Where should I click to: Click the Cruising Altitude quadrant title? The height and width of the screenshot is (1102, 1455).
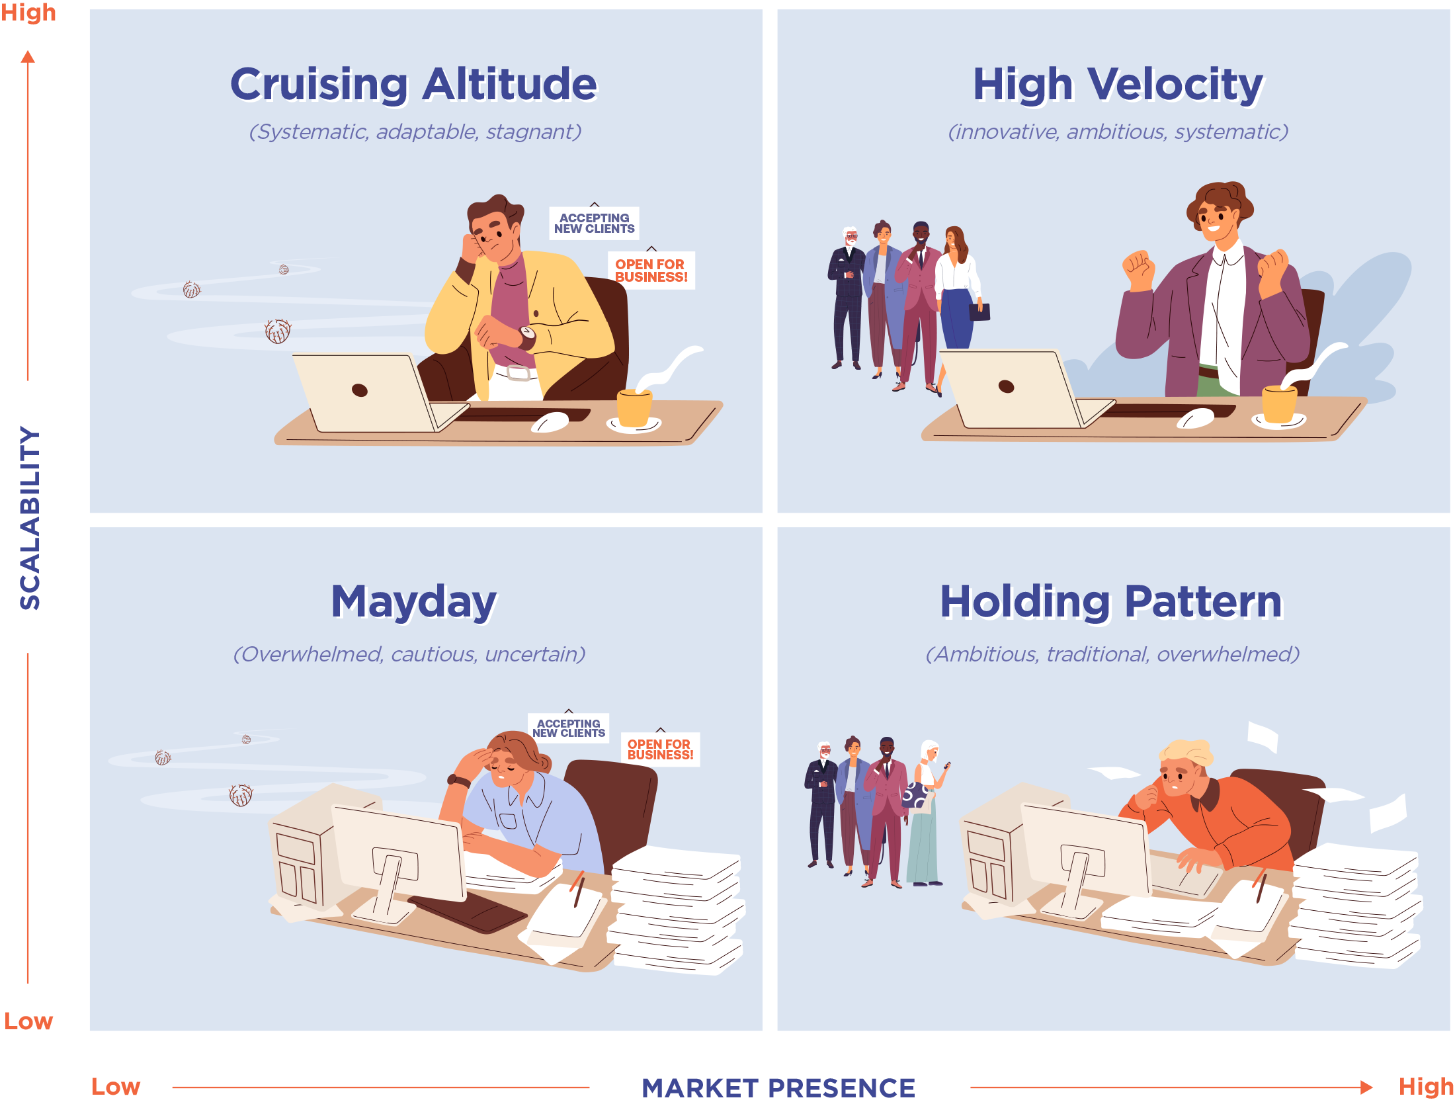pyautogui.click(x=414, y=84)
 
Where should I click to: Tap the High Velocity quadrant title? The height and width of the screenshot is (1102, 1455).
pyautogui.click(x=1118, y=85)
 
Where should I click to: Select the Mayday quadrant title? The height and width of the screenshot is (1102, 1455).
pyautogui.click(x=414, y=602)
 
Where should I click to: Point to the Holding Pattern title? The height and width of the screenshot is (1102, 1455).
pyautogui.click(x=1112, y=602)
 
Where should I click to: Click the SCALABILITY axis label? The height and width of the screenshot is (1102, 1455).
pyautogui.click(x=30, y=517)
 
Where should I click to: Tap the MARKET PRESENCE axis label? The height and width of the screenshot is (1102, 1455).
pyautogui.click(x=778, y=1087)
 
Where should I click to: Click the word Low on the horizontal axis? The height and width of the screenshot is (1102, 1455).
pyautogui.click(x=116, y=1087)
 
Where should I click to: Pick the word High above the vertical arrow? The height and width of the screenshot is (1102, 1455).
pyautogui.click(x=28, y=13)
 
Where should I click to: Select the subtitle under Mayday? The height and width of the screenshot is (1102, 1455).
pyautogui.click(x=409, y=654)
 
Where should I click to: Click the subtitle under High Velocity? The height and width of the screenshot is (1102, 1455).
pyautogui.click(x=1118, y=132)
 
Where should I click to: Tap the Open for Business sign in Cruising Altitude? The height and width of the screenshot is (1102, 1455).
pyautogui.click(x=651, y=270)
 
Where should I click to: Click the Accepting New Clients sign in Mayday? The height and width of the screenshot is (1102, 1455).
pyautogui.click(x=569, y=728)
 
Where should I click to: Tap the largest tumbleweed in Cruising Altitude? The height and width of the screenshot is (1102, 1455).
pyautogui.click(x=278, y=331)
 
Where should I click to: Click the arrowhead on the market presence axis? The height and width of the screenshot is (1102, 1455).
pyautogui.click(x=1366, y=1087)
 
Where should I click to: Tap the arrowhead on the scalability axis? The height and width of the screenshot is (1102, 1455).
pyautogui.click(x=28, y=57)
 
